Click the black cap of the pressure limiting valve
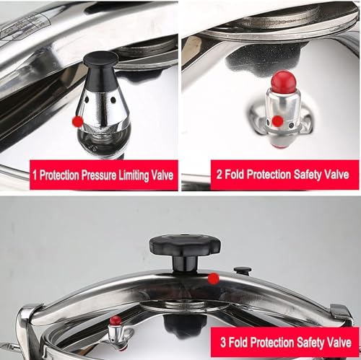click(101, 72)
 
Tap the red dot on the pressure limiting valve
click(77, 121)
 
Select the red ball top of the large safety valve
click(283, 82)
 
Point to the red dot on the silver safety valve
click(278, 120)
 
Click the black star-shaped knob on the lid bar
click(185, 246)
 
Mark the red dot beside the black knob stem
click(214, 279)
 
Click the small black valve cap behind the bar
click(243, 271)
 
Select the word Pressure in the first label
click(99, 175)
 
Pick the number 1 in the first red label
click(35, 175)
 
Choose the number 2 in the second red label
click(219, 174)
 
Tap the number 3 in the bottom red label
click(223, 342)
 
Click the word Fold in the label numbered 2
click(234, 174)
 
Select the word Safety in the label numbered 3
click(309, 343)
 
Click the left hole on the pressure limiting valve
click(87, 99)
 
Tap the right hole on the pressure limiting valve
click(113, 100)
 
